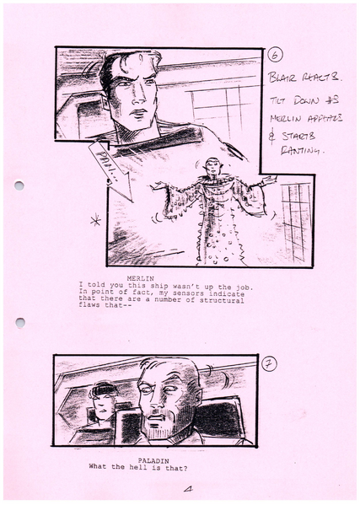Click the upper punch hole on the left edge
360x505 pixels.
click(x=19, y=185)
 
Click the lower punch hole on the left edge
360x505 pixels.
click(x=19, y=323)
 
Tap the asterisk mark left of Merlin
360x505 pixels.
click(x=95, y=221)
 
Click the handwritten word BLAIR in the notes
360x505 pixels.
click(x=283, y=78)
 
